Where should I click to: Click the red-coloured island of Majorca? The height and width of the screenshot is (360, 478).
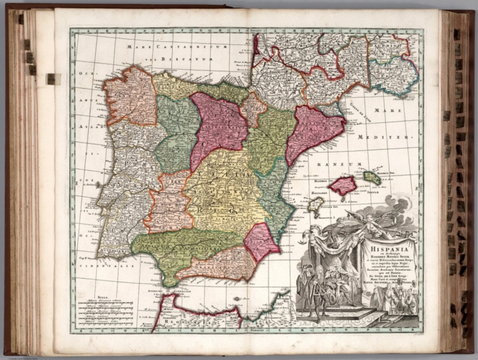[343, 185]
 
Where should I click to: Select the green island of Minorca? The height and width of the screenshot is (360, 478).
[372, 178]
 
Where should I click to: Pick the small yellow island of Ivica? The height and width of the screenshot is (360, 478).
[316, 205]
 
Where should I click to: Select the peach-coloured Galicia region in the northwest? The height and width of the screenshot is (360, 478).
[130, 96]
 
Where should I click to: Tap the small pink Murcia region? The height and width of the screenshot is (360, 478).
[261, 241]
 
